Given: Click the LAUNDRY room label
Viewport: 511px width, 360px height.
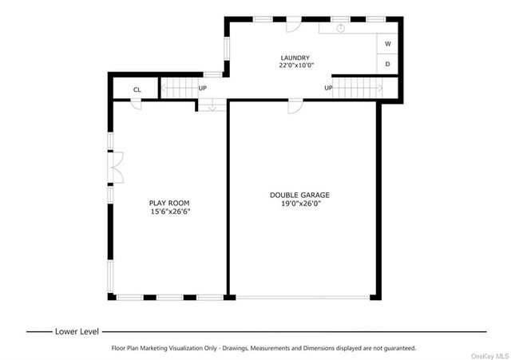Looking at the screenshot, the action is (295, 58).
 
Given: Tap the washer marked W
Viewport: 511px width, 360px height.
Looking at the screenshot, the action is (387, 44).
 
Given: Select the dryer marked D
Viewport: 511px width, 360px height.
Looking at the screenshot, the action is (387, 64).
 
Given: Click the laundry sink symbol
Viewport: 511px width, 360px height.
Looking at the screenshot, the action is (341, 28).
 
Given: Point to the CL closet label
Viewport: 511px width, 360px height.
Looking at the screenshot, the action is (137, 89).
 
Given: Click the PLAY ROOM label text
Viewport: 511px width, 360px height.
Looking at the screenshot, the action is (169, 203).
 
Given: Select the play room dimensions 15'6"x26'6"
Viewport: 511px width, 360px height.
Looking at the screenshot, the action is (170, 212).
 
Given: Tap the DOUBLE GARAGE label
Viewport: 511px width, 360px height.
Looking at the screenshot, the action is (299, 195).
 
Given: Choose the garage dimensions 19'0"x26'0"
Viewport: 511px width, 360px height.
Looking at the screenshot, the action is (301, 204).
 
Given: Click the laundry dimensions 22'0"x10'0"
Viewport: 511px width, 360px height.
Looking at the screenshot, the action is (296, 65).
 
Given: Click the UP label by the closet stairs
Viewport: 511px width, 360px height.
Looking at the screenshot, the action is (202, 88).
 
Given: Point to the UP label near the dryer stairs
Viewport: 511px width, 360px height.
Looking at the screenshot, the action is (328, 88).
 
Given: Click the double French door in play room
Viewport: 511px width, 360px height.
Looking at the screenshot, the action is (116, 168).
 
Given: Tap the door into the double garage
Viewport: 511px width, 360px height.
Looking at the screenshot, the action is (295, 106).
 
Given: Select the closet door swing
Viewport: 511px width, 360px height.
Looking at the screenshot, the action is (137, 105).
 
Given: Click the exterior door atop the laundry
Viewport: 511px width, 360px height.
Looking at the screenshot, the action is (293, 25).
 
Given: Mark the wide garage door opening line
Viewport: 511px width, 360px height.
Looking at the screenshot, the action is (303, 298).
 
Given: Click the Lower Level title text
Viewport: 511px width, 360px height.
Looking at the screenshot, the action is (77, 331).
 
